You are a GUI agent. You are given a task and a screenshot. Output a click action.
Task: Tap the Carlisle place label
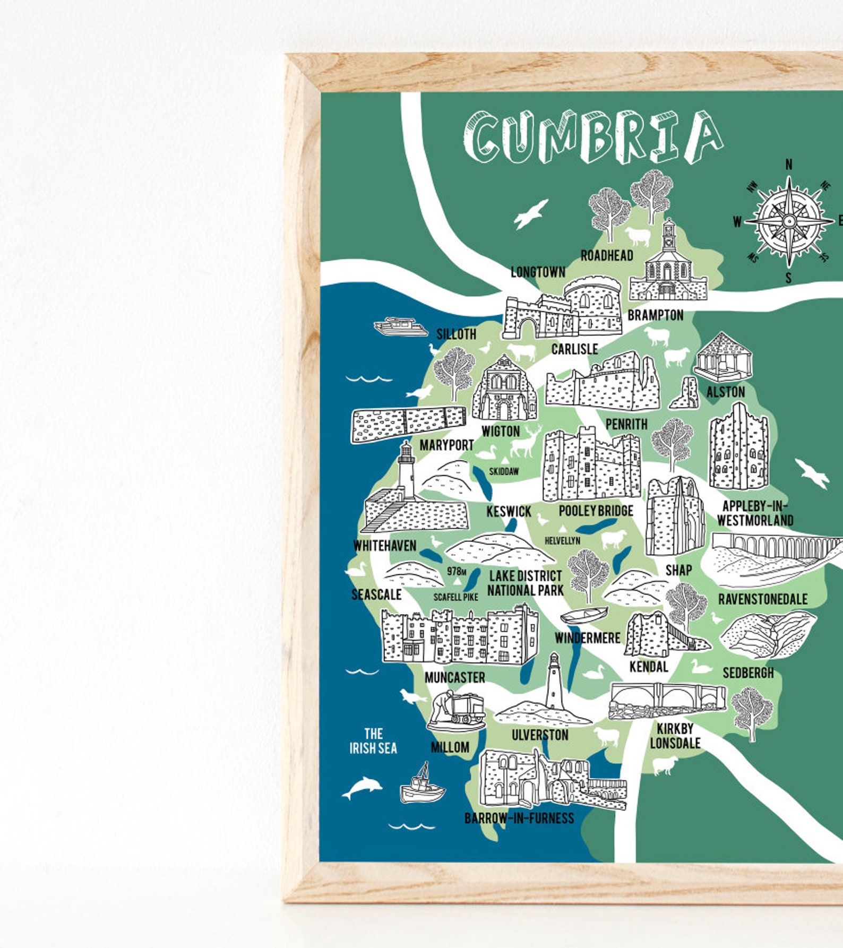[x=574, y=349]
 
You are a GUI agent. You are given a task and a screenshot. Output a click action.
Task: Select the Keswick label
[x=509, y=511]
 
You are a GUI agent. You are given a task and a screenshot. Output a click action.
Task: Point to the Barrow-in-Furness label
[x=519, y=818]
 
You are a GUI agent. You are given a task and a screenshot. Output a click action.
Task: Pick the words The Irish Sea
[x=373, y=741]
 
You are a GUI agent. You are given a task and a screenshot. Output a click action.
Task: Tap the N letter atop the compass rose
[x=789, y=165]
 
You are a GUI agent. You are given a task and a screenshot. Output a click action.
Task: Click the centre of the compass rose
[x=789, y=221]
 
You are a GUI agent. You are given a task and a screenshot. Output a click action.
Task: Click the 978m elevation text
[x=456, y=571]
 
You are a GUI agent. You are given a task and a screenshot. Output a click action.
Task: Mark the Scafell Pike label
[x=455, y=597]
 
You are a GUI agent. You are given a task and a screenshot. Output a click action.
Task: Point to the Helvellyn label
[x=562, y=540]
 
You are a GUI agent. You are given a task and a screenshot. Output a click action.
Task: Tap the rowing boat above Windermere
[x=583, y=615]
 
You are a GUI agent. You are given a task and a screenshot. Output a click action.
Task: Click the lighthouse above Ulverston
[x=554, y=682]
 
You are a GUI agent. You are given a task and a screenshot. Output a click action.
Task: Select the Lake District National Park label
[x=525, y=583]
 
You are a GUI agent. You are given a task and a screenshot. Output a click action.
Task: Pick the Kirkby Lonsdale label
[x=675, y=736]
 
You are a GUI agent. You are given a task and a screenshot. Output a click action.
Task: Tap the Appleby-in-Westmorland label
[x=755, y=513]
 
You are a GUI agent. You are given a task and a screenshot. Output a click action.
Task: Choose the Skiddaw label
[x=504, y=471]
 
